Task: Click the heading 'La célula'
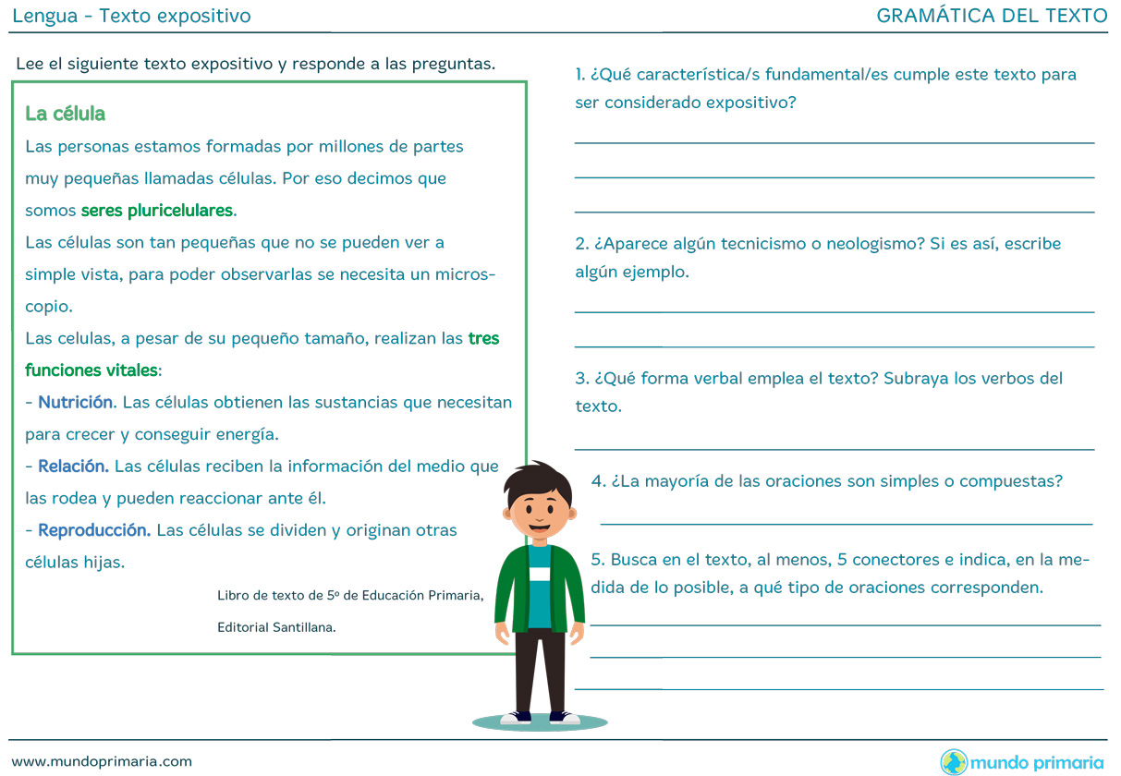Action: tap(66, 114)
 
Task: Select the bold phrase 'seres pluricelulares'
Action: tap(157, 211)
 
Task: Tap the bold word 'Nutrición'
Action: tap(76, 403)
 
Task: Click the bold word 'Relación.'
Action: tap(74, 467)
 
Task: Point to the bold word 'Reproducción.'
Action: tap(94, 530)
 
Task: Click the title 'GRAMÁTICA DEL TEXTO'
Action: tap(992, 16)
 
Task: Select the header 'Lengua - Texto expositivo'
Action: tap(131, 16)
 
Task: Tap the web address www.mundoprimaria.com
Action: tap(103, 761)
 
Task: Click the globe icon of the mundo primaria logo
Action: tap(954, 762)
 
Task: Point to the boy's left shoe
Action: tap(564, 717)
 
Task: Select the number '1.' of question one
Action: tap(580, 75)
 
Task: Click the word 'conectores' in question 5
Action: tap(894, 560)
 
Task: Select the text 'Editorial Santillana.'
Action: tap(276, 627)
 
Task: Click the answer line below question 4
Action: tap(846, 523)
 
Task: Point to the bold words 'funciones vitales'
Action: tap(91, 370)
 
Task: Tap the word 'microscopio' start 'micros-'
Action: tap(465, 275)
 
